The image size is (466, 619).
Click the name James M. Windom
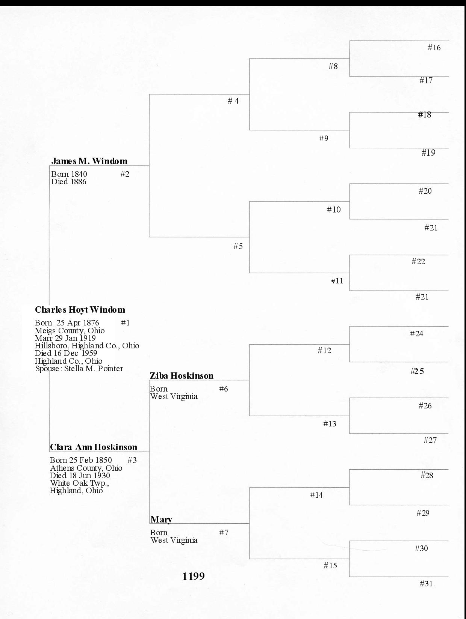pos(89,161)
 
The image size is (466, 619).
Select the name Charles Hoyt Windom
pos(80,310)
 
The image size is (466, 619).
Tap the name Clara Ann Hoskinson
pos(94,447)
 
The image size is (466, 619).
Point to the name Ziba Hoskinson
pos(182,376)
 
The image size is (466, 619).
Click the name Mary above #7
pos(161,520)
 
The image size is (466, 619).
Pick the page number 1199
pos(194,576)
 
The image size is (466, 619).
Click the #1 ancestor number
pos(126,323)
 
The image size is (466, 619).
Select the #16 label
pos(434,48)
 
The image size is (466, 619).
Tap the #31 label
pos(427,584)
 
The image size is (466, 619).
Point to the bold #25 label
pos(417,371)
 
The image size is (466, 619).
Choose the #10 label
pos(334,209)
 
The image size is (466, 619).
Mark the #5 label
pos(238,246)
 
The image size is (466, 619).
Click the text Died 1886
pos(69,182)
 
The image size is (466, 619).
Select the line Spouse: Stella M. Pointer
pos(79,369)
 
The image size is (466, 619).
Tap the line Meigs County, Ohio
pos(70,331)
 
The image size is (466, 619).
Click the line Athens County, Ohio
pos(86,468)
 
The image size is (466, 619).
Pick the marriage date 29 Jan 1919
pos(75,338)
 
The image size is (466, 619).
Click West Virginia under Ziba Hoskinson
pos(174,396)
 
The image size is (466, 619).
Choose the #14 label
pos(316,495)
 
